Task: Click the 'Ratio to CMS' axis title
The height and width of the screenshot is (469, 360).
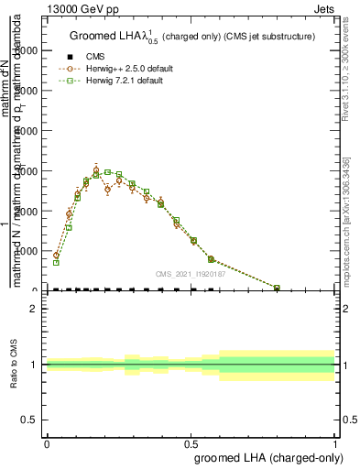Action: (15, 365)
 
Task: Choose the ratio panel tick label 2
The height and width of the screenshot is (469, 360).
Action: (32, 309)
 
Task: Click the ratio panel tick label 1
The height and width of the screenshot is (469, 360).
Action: (32, 365)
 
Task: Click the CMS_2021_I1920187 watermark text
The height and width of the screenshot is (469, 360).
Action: (191, 273)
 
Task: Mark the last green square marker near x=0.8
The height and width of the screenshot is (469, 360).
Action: (278, 288)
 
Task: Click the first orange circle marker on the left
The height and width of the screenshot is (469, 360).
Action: (56, 256)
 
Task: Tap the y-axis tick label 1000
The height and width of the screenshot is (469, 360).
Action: (27, 251)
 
